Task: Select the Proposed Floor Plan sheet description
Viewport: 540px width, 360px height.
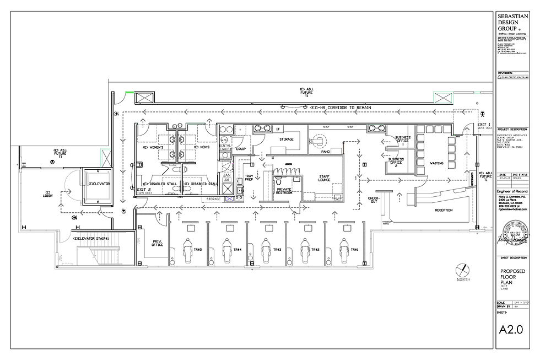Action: point(513,276)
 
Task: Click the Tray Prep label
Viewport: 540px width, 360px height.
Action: point(249,179)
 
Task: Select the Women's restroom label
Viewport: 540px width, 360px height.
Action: point(153,148)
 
